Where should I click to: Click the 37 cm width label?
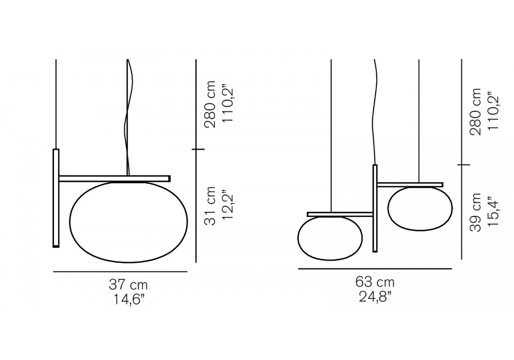pyautogui.click(x=128, y=284)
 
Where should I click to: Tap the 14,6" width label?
pyautogui.click(x=129, y=299)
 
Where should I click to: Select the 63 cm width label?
pyautogui.click(x=375, y=282)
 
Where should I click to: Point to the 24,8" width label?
pyautogui.click(x=375, y=297)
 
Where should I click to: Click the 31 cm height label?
pyautogui.click(x=210, y=206)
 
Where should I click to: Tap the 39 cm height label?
pyautogui.click(x=475, y=212)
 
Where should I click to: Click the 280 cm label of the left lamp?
pyautogui.click(x=210, y=103)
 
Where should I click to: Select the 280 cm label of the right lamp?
pyautogui.click(x=475, y=112)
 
